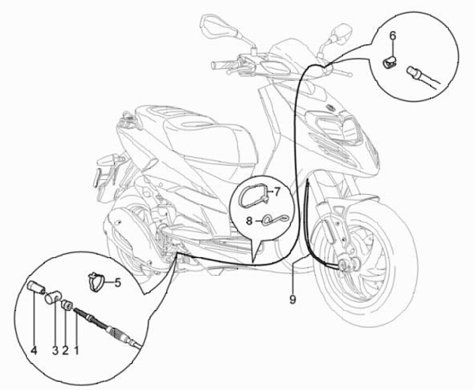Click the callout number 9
pos(292,300)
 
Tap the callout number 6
pos(392,36)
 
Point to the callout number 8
pos(249,221)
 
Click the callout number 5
pos(117,283)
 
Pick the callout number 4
pos(34,351)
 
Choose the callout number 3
pos(55,351)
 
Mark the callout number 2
pos(65,351)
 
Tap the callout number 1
pos(76,351)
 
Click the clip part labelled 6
pos(389,61)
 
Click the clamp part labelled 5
pos(97,281)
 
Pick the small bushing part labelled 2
pos(67,306)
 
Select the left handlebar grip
pos(223,64)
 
